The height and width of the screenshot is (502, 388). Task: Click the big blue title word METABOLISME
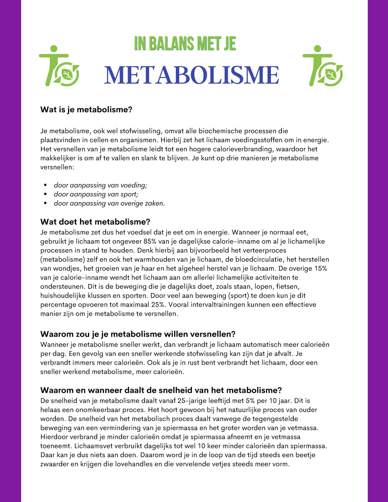pyautogui.click(x=191, y=75)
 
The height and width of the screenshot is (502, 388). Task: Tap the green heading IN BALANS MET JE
pyautogui.click(x=185, y=44)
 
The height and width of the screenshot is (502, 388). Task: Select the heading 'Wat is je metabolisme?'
pyautogui.click(x=86, y=110)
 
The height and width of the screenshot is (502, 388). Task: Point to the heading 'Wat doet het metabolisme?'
pyautogui.click(x=95, y=222)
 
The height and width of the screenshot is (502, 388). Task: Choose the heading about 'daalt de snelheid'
pyautogui.click(x=161, y=390)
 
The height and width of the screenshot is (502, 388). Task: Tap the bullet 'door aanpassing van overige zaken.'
pyautogui.click(x=109, y=203)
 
